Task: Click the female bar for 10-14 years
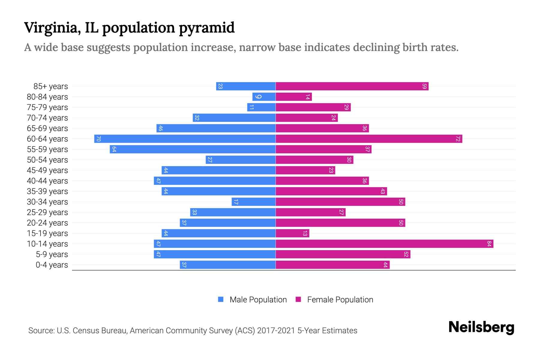384,244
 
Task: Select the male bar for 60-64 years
185,139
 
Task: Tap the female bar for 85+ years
352,86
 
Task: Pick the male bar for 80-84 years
264,97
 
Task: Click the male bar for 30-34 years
253,202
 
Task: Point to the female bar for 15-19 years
292,233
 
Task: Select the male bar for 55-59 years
193,149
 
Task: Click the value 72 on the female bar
458,139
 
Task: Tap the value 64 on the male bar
114,149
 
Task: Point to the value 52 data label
406,254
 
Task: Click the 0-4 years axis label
52,265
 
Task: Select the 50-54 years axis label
47,160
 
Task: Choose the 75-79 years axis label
47,107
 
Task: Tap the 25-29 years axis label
47,212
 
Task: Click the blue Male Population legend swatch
221,299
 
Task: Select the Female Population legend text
340,300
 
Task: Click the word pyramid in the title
207,28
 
